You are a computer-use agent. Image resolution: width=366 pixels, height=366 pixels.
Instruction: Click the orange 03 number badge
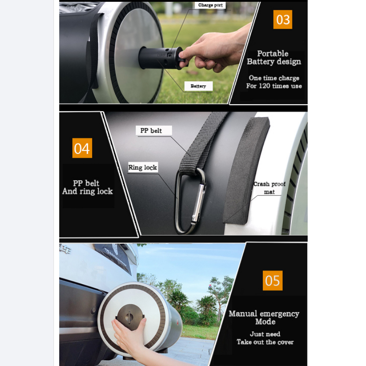click(282, 19)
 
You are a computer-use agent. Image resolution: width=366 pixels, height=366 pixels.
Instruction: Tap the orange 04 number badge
click(82, 148)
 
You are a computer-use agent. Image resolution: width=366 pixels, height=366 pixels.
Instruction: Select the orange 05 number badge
click(273, 281)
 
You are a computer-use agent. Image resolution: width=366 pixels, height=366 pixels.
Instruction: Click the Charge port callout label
click(210, 5)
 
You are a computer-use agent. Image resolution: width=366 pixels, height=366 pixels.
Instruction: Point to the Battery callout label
click(198, 86)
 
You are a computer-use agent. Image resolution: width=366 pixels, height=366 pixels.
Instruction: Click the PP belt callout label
click(153, 130)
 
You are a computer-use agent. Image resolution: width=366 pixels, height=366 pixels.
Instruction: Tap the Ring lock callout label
click(143, 168)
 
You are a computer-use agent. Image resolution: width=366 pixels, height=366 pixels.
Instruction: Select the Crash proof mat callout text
click(269, 188)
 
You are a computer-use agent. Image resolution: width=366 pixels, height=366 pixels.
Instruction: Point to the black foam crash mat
click(245, 170)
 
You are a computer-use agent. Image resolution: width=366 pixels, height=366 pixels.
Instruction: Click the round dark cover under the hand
click(130, 317)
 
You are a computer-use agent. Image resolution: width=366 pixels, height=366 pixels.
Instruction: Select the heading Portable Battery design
click(274, 57)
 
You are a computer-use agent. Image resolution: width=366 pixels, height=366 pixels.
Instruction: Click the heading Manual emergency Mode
click(264, 317)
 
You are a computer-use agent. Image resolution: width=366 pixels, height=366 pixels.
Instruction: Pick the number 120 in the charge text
click(264, 86)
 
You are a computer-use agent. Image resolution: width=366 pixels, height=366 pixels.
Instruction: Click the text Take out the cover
click(265, 342)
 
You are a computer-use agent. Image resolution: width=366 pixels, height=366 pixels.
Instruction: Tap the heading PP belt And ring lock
click(88, 187)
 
